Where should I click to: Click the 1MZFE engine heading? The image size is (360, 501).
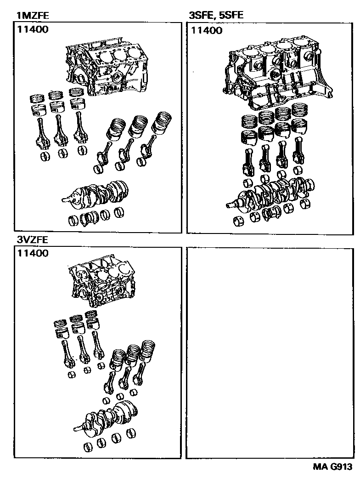tap(32, 16)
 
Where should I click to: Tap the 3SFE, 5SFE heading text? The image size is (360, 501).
tap(216, 16)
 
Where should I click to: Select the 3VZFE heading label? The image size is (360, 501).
tap(32, 239)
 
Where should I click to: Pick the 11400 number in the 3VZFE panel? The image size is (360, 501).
tap(34, 253)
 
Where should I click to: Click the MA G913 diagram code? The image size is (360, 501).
tap(333, 467)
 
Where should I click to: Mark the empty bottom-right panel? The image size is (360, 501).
tap(269, 353)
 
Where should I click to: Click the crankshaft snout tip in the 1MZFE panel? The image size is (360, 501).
tap(64, 200)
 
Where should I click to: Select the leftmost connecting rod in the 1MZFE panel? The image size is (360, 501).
tap(40, 133)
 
